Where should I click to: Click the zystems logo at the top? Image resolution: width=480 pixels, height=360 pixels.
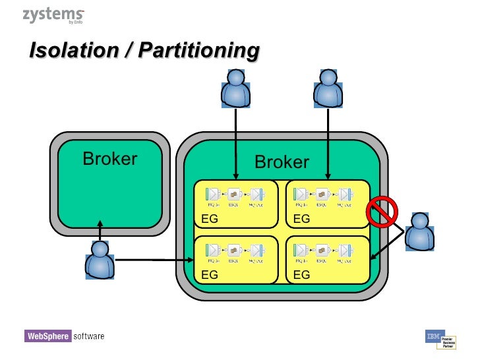(x=53, y=16)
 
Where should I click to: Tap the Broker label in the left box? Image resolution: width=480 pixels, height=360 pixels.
(x=109, y=159)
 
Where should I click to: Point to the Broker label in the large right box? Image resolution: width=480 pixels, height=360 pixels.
(x=282, y=162)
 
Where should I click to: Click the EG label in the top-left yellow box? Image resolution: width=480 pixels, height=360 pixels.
(x=209, y=220)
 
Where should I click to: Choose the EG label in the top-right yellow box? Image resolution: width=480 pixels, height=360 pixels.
(x=301, y=220)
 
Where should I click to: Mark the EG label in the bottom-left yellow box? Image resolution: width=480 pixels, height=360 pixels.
(x=209, y=276)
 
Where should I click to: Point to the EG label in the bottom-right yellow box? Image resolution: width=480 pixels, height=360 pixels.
(x=301, y=276)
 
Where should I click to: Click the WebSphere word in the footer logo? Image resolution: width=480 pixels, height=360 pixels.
(x=47, y=336)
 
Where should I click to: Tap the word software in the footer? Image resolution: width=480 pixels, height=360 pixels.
(x=88, y=336)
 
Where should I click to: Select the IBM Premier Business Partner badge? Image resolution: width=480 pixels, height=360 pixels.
(x=441, y=340)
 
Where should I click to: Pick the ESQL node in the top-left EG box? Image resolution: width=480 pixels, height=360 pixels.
(x=233, y=195)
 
